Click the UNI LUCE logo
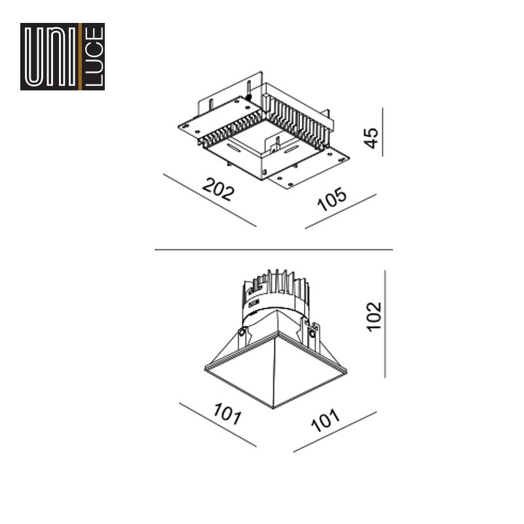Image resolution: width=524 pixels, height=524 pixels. coord(62,56)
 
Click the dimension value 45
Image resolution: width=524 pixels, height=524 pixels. coord(371,138)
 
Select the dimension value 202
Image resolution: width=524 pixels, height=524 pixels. coord(219,189)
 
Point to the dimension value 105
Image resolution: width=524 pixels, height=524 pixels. coord(332,199)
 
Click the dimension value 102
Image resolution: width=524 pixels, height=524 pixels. coord(374,316)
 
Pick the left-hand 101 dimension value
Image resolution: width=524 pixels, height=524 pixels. coord(227,414)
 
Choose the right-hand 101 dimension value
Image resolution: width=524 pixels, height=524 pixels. coord(326,420)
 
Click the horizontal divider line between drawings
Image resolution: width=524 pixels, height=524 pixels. coord(274,250)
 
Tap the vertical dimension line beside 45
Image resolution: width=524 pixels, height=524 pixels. coord(383,132)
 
